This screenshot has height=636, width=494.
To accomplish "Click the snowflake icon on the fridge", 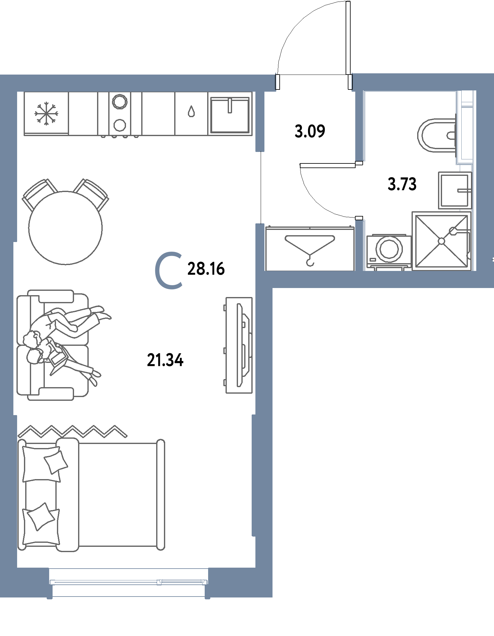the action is (46, 113).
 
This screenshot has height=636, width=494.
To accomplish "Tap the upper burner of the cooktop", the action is (120, 101).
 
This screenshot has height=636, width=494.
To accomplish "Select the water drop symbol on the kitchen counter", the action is (191, 111).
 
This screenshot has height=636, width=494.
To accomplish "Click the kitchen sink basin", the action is (230, 115).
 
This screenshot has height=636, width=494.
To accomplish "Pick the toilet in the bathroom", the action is (437, 135).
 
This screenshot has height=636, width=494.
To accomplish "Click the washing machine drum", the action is (389, 249).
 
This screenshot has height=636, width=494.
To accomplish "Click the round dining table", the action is (65, 228).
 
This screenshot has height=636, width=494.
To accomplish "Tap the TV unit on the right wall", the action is (239, 345).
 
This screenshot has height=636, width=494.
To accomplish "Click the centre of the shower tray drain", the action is (441, 241).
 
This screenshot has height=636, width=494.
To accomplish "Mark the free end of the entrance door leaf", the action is (348, 2).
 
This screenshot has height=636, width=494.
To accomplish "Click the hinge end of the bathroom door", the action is (359, 163).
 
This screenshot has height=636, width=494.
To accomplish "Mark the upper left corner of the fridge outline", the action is (24, 92).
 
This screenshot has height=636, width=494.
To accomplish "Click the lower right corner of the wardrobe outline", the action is (354, 270).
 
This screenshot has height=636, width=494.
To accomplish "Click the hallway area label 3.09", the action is (310, 131).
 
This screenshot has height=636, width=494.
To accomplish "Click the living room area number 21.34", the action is (165, 360).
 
